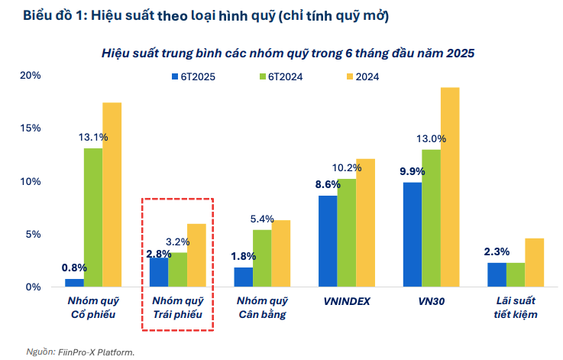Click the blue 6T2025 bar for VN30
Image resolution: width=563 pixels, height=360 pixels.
412,235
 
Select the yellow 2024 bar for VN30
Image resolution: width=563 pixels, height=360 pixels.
450,187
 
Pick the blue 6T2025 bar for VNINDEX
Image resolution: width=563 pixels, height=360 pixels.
328,241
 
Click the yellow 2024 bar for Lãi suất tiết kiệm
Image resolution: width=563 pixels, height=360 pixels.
534,262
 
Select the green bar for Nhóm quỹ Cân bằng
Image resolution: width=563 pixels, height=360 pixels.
262,258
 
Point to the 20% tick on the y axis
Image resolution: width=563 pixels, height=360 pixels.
31,76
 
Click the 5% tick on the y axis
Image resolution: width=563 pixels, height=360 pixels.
34,234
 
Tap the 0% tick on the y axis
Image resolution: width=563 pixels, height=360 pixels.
34,287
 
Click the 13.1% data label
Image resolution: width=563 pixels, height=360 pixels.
93,138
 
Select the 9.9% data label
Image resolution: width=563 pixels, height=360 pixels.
412,171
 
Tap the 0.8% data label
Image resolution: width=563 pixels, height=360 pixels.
74,268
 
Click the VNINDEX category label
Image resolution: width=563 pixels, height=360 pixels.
346,301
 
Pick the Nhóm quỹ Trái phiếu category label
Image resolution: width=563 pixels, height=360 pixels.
177,307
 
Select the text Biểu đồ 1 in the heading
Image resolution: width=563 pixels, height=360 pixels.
50,15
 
